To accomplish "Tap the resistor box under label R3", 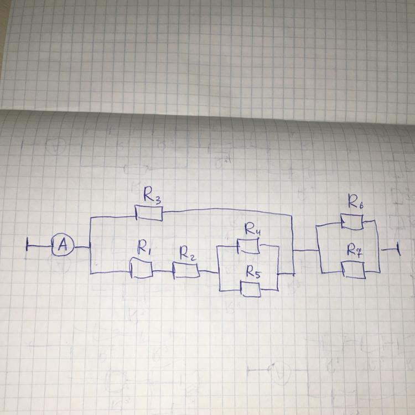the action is pos(149,214).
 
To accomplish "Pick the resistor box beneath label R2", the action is pos(186,271).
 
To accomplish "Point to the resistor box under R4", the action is pos(248,246).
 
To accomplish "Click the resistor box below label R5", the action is pos(250,289).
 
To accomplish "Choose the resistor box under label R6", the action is pos(352,221).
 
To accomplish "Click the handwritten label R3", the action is pos(152,195).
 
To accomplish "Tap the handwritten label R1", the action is pos(144,251).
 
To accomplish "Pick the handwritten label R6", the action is pos(355,201).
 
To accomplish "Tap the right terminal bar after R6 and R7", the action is pos(398,250).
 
